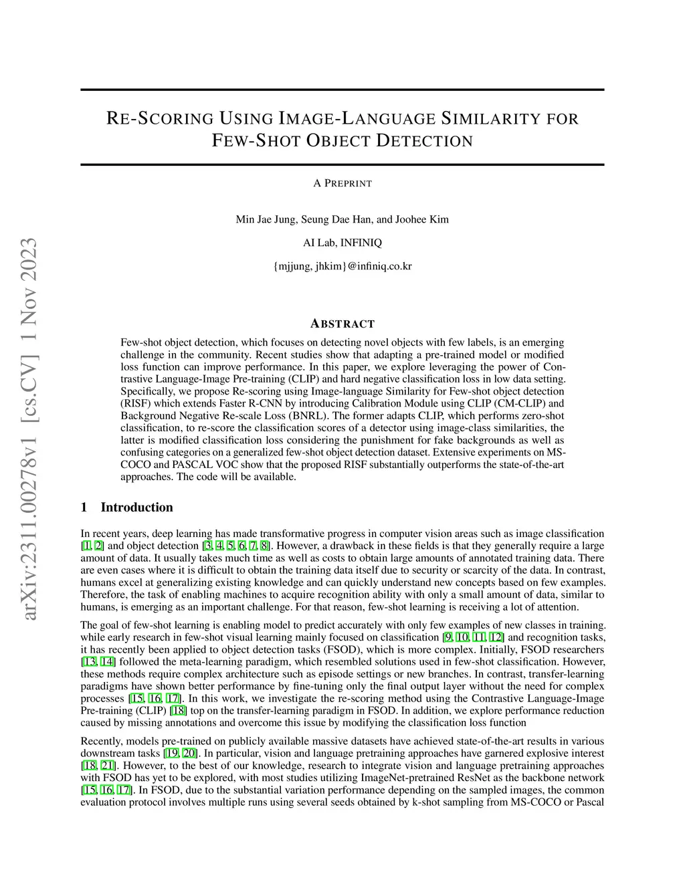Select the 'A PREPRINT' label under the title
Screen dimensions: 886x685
[342, 183]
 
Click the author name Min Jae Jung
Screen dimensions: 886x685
[266, 219]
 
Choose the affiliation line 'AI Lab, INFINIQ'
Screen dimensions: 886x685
[342, 243]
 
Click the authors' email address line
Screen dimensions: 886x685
[342, 266]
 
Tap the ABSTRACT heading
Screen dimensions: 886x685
[342, 324]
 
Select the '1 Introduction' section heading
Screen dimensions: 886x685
[127, 508]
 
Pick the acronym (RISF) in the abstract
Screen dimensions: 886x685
[135, 404]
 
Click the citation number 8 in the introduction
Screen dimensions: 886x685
[265, 546]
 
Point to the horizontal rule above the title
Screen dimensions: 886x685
[342, 90]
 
